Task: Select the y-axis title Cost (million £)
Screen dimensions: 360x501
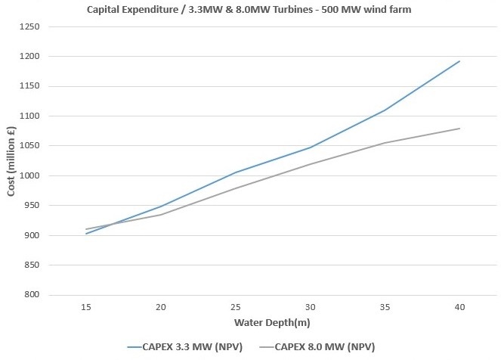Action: click(x=12, y=160)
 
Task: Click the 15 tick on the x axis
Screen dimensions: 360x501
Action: click(x=86, y=307)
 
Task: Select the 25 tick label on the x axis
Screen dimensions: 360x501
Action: click(x=236, y=307)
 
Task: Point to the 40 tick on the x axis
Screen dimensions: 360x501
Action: click(x=459, y=307)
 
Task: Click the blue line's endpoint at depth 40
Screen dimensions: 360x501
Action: click(x=459, y=61)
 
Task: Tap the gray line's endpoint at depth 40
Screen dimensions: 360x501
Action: click(x=459, y=129)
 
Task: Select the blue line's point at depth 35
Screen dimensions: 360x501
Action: click(x=385, y=110)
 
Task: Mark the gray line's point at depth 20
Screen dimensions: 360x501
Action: click(x=161, y=215)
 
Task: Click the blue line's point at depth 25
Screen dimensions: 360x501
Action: click(x=236, y=172)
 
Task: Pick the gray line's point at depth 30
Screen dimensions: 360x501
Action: click(x=310, y=164)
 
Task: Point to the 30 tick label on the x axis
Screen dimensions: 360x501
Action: click(x=310, y=307)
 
